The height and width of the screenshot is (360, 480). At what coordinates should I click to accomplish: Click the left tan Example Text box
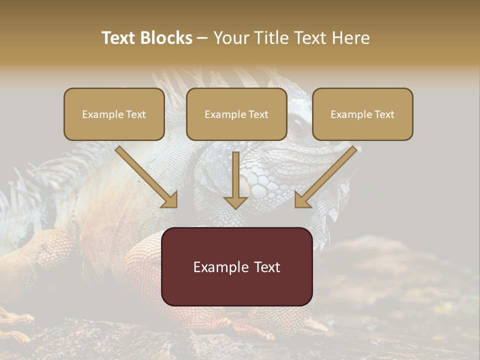(114, 114)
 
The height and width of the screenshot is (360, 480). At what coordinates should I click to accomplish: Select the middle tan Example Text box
(236, 114)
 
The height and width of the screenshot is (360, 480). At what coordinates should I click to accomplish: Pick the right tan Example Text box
(362, 114)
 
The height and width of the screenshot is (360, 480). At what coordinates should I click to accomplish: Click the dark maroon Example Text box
(237, 266)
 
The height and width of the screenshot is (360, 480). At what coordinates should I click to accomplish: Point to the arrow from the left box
(147, 178)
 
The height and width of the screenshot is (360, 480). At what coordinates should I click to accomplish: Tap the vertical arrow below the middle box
(236, 180)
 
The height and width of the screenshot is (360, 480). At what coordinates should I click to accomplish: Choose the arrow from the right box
(325, 178)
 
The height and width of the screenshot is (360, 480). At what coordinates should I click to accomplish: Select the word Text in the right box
(383, 114)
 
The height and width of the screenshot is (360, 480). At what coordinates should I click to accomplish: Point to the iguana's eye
(298, 128)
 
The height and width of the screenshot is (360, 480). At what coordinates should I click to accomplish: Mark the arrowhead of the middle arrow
(236, 201)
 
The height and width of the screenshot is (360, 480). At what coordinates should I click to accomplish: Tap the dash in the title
(202, 38)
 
